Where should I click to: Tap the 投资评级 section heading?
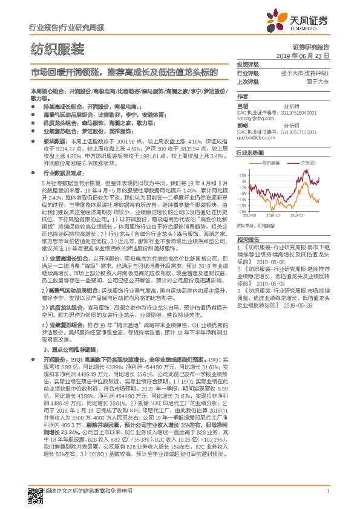click(x=247, y=64)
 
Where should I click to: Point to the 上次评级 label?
click(x=247, y=80)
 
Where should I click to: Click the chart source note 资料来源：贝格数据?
click(x=254, y=225)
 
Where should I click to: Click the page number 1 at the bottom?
click(x=327, y=492)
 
